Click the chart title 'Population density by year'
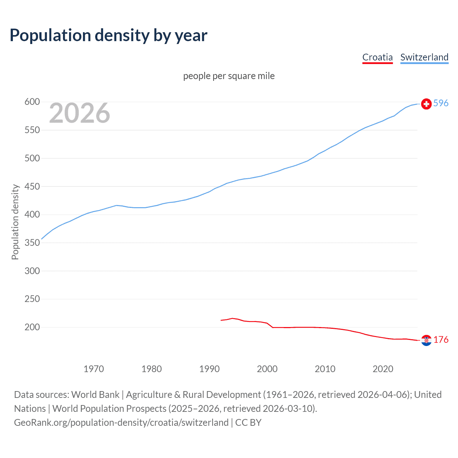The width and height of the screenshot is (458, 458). point(108,35)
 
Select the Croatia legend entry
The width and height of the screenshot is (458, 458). point(377,57)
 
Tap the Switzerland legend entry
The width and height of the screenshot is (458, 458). point(424,57)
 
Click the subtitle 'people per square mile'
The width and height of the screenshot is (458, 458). point(229,76)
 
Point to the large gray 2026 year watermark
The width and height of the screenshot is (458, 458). point(79,113)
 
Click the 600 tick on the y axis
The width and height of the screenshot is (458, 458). point(32,102)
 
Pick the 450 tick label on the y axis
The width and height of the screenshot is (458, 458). point(32,186)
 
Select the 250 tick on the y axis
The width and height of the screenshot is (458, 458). point(32,299)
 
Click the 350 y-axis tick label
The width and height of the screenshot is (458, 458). point(32,243)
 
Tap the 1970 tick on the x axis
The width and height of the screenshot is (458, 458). point(94,369)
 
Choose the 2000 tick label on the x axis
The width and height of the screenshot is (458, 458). point(267,369)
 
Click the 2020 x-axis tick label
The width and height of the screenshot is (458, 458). point(383,369)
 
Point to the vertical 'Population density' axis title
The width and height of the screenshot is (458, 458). point(15,222)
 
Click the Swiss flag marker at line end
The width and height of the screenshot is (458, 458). point(426,104)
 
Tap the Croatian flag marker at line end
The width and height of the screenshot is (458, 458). point(426,340)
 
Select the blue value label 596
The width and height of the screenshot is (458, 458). point(441,103)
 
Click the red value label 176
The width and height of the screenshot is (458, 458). point(441,340)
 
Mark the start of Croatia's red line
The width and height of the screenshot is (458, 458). point(221,320)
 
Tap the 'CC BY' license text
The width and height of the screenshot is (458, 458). point(248,423)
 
